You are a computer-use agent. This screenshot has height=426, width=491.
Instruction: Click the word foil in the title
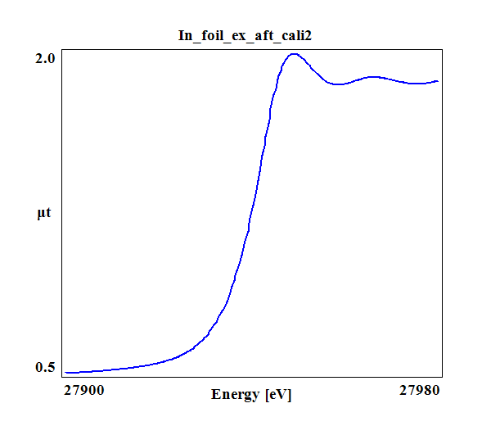click(210, 35)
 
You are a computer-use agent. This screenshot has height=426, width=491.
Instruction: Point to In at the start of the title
click(186, 35)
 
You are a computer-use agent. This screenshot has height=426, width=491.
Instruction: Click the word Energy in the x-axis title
click(236, 395)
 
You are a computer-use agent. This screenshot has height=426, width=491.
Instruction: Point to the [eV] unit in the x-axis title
click(278, 395)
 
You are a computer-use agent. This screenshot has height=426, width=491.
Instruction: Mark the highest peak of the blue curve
click(294, 54)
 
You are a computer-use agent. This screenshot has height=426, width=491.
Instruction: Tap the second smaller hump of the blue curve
click(373, 77)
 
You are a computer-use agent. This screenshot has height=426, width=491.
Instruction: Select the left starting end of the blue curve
click(65, 372)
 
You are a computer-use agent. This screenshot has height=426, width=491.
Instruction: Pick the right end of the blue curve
click(438, 81)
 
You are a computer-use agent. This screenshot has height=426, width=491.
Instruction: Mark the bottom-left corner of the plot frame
click(63, 378)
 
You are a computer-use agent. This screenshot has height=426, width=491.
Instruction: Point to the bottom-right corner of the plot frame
click(442, 378)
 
